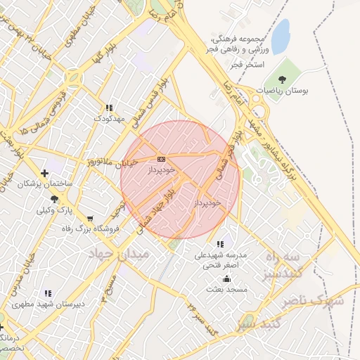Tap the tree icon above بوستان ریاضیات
[283, 80]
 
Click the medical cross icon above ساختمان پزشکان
[45, 172]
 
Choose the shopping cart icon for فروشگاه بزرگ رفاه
[90, 218]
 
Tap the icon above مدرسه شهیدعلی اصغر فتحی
[221, 245]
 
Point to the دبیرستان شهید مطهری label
[47, 304]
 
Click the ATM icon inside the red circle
[161, 159]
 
